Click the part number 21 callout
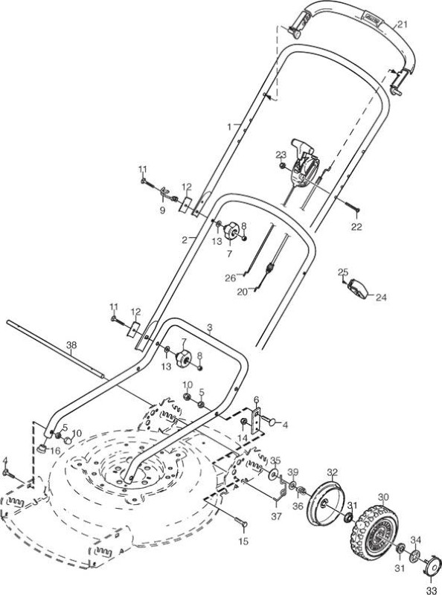[402, 25]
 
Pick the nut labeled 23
[283, 166]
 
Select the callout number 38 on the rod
[71, 345]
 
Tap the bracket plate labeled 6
[257, 419]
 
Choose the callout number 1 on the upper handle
[229, 126]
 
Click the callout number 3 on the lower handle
[210, 328]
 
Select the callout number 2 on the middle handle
[185, 239]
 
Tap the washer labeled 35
[273, 474]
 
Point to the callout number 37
[277, 516]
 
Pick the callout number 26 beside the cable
[231, 278]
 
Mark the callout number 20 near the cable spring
[243, 292]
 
